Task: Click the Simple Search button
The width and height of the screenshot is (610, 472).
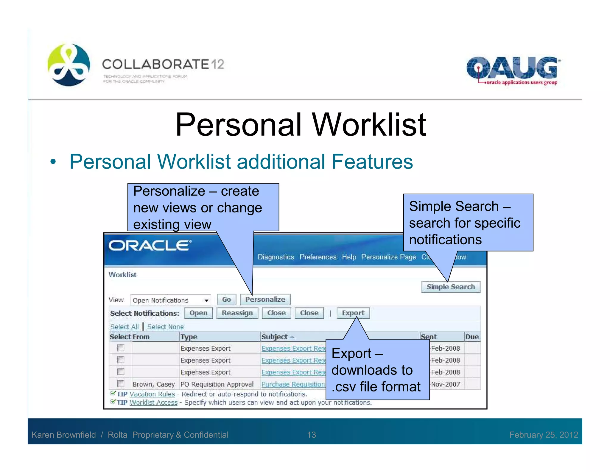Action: [x=450, y=287]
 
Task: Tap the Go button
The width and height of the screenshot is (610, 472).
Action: [x=226, y=299]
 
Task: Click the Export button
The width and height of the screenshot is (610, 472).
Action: [x=353, y=313]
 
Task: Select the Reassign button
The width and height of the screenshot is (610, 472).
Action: [x=237, y=313]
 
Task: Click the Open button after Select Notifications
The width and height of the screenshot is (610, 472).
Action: [x=198, y=313]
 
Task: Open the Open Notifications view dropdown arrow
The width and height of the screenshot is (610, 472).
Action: [x=206, y=300]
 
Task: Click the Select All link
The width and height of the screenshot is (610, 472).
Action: [x=125, y=327]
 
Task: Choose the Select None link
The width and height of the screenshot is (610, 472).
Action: [x=166, y=327]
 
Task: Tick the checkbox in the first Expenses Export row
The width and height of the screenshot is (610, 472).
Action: [x=121, y=348]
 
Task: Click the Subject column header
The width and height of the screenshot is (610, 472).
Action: [x=275, y=337]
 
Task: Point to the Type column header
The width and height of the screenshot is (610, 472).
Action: [x=189, y=337]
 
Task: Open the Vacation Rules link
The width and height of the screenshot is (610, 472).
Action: [x=152, y=394]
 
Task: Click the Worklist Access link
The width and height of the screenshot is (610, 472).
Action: [x=154, y=402]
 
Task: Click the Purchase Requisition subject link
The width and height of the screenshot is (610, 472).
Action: [x=293, y=384]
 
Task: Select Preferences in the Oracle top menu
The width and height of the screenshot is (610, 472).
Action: [x=318, y=257]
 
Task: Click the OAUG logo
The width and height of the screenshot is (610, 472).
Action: [x=512, y=71]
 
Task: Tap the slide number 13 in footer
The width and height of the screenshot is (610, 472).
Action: [x=311, y=435]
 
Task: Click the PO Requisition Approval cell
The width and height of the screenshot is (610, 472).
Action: [x=217, y=384]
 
